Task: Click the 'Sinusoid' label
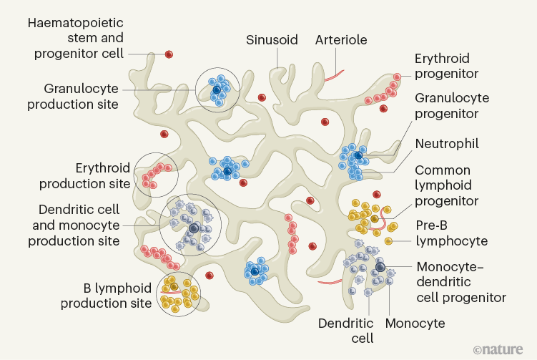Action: point(272,40)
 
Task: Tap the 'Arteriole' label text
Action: point(341,40)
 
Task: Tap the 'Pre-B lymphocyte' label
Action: point(452,232)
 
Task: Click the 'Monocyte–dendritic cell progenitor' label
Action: point(461,282)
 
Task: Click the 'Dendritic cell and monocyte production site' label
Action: point(74,225)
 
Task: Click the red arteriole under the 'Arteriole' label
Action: point(334,74)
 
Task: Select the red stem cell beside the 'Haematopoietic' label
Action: point(169,54)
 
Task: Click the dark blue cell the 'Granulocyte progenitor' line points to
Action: point(357,155)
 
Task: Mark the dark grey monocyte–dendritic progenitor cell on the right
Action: point(380,268)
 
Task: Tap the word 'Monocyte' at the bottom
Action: point(415,323)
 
